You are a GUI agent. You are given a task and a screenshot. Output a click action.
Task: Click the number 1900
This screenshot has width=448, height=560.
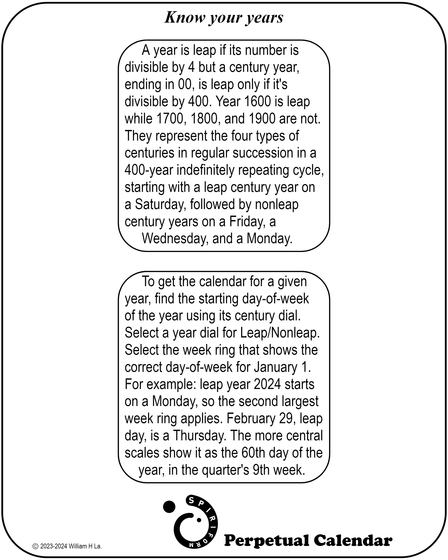pos(262,119)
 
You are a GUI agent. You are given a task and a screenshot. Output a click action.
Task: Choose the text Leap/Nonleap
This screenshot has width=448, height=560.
pos(280,333)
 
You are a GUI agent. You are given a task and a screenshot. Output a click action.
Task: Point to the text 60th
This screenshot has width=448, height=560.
pos(252,453)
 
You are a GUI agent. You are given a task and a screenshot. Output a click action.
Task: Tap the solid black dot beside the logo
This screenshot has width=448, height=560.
pos(169,506)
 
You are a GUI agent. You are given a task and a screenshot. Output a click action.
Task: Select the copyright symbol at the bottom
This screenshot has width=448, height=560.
pos(35,546)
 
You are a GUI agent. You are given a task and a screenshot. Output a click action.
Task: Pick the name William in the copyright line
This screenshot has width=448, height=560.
pos(78,546)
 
